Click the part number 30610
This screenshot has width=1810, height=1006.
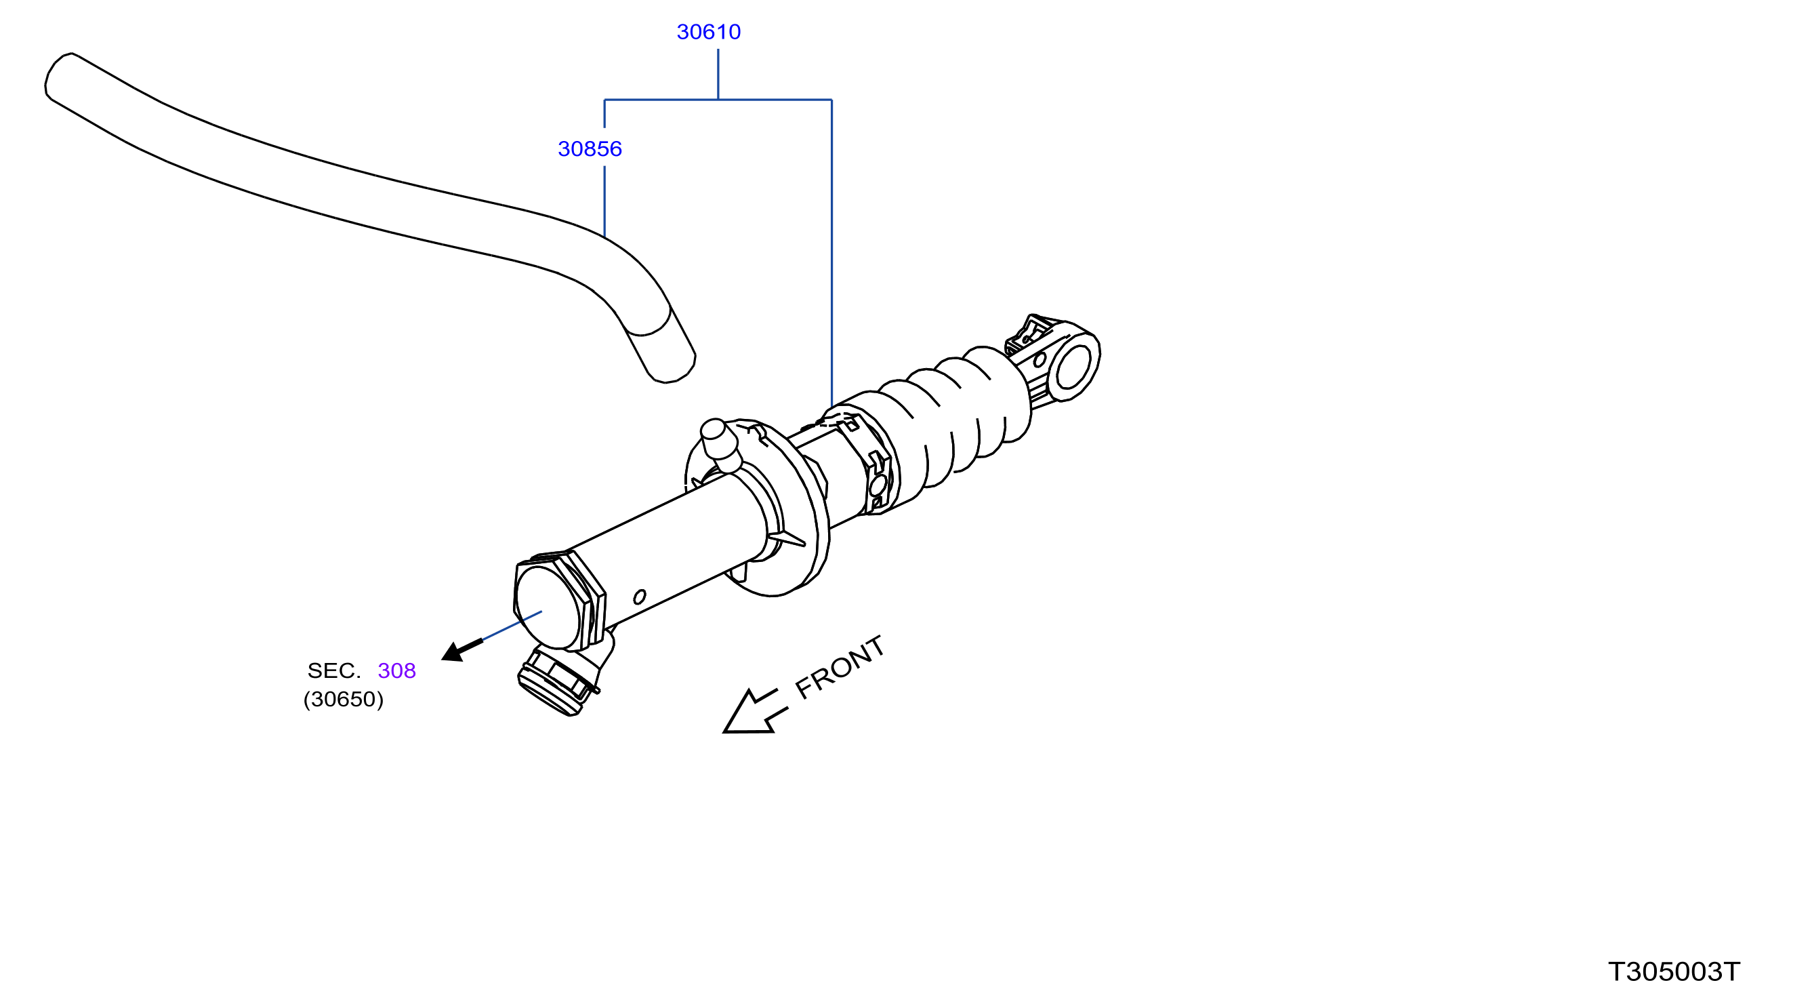pyautogui.click(x=708, y=32)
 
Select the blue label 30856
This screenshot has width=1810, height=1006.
pyautogui.click(x=590, y=149)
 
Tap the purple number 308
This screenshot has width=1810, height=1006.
pyautogui.click(x=396, y=670)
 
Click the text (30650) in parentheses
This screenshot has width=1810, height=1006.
pyautogui.click(x=344, y=700)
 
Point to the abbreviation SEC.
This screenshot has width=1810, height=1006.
pyautogui.click(x=334, y=670)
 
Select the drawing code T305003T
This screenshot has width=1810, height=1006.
pyautogui.click(x=1674, y=972)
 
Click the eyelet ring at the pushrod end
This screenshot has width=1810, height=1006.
pyautogui.click(x=1073, y=363)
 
